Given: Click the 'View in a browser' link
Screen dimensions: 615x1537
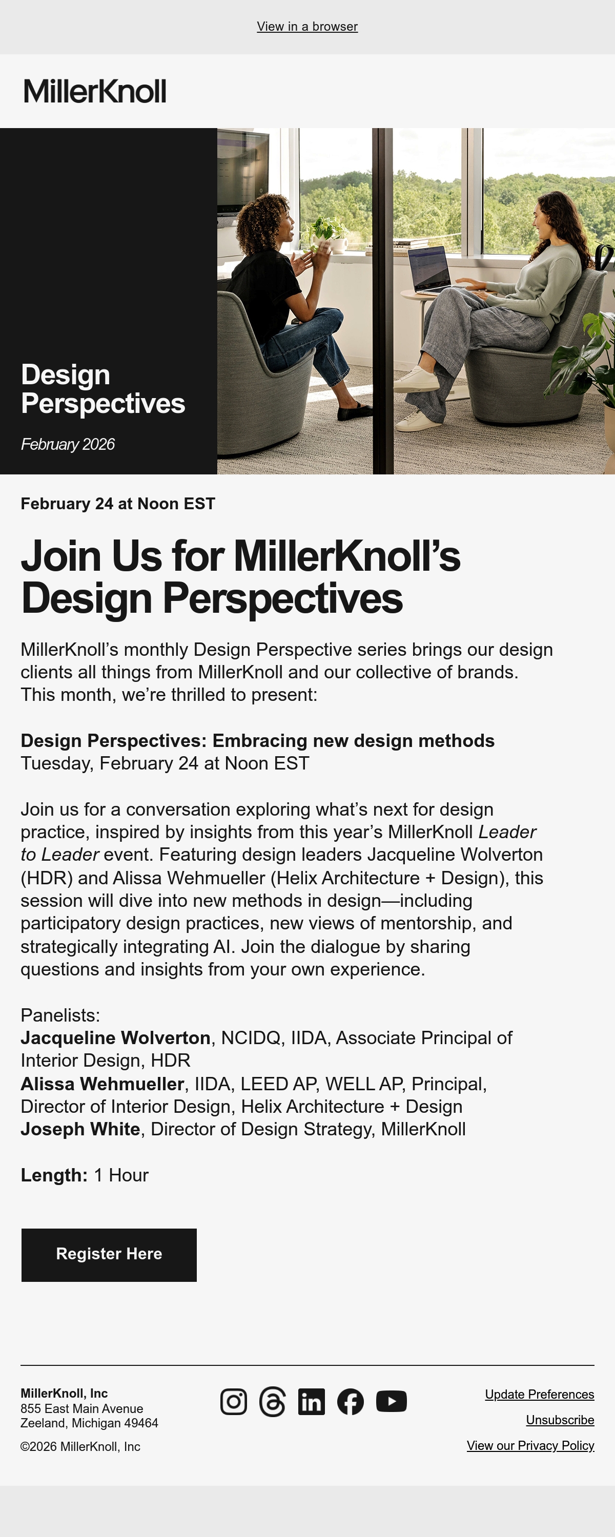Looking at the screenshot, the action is pos(307,27).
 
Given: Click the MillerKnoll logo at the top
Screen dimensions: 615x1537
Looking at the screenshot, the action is pos(95,91).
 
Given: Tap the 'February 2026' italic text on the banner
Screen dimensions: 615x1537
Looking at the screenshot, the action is pos(68,445).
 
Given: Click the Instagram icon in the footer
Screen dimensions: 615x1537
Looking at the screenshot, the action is pos(234,1401).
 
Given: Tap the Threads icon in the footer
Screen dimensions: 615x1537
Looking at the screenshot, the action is pos(272,1401).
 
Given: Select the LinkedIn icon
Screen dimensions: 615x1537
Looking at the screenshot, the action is pos(312,1401).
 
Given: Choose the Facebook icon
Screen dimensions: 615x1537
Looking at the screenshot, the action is pos(351,1401).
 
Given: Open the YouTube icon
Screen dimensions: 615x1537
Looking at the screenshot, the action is pos(392,1401).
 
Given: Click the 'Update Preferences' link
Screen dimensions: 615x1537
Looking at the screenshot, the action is pos(540,1395).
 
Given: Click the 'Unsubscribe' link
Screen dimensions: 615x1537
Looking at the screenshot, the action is pos(560,1420).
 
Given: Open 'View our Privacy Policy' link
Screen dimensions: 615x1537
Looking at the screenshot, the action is pos(531,1446).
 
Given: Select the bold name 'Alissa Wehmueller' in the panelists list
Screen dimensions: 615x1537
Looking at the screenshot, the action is pos(102,1084).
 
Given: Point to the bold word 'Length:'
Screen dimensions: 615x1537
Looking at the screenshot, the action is pos(54,1175).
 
